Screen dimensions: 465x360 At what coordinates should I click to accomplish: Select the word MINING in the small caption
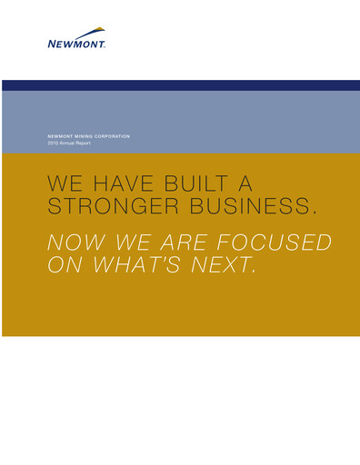coord(84,136)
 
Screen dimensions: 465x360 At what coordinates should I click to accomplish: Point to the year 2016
coord(52,143)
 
